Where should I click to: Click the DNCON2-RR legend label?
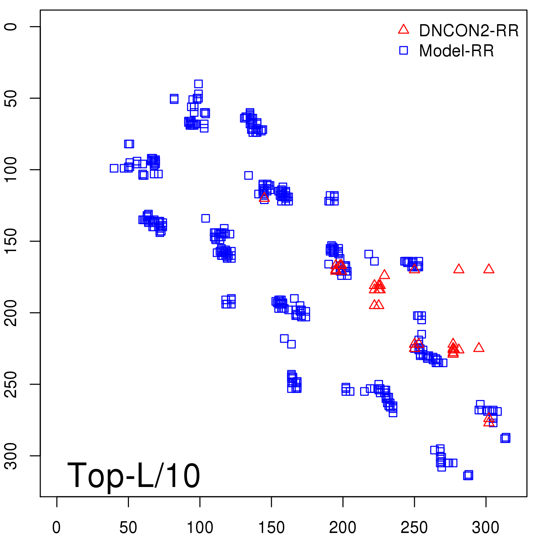click(x=469, y=31)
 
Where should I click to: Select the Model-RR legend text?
click(x=456, y=51)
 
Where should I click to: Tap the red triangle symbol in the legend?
click(x=403, y=30)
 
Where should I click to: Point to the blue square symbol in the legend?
click(x=403, y=50)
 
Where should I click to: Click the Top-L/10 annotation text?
click(x=134, y=476)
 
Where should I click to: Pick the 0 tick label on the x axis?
click(x=57, y=528)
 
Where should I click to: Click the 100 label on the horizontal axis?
click(x=200, y=528)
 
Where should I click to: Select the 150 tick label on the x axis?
click(x=271, y=528)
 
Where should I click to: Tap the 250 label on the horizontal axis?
click(x=414, y=528)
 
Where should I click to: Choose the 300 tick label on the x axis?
click(x=486, y=528)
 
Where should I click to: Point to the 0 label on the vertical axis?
click(x=11, y=27)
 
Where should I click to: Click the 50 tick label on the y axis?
click(x=11, y=98)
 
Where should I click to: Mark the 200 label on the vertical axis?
click(x=11, y=312)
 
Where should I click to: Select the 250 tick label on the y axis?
click(x=11, y=384)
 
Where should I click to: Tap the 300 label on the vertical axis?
click(x=11, y=455)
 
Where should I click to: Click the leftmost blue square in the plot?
click(x=114, y=168)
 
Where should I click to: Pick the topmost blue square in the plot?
click(x=198, y=84)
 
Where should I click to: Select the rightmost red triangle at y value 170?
click(x=489, y=269)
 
